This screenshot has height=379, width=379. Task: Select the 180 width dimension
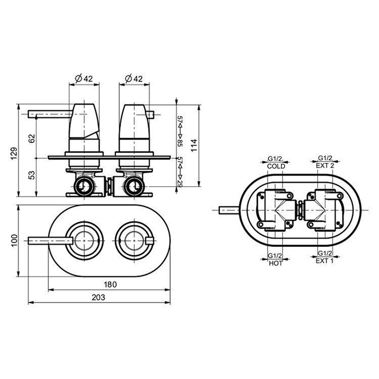(110, 285)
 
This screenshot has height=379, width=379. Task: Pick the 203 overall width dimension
(99, 298)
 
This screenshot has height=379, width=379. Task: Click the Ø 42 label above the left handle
(83, 78)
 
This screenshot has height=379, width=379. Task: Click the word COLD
(276, 166)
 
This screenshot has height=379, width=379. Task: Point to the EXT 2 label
(325, 166)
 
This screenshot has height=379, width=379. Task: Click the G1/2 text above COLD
(276, 159)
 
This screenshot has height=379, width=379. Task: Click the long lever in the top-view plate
(48, 240)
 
